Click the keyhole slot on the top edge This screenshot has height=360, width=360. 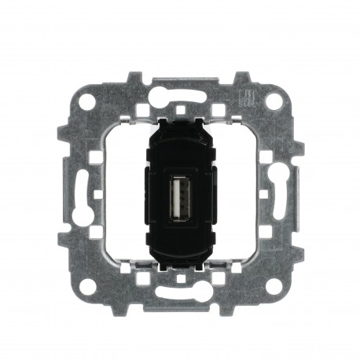[x=180, y=90]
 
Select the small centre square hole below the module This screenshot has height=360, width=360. [x=180, y=277]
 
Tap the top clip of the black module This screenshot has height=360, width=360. [x=180, y=123]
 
